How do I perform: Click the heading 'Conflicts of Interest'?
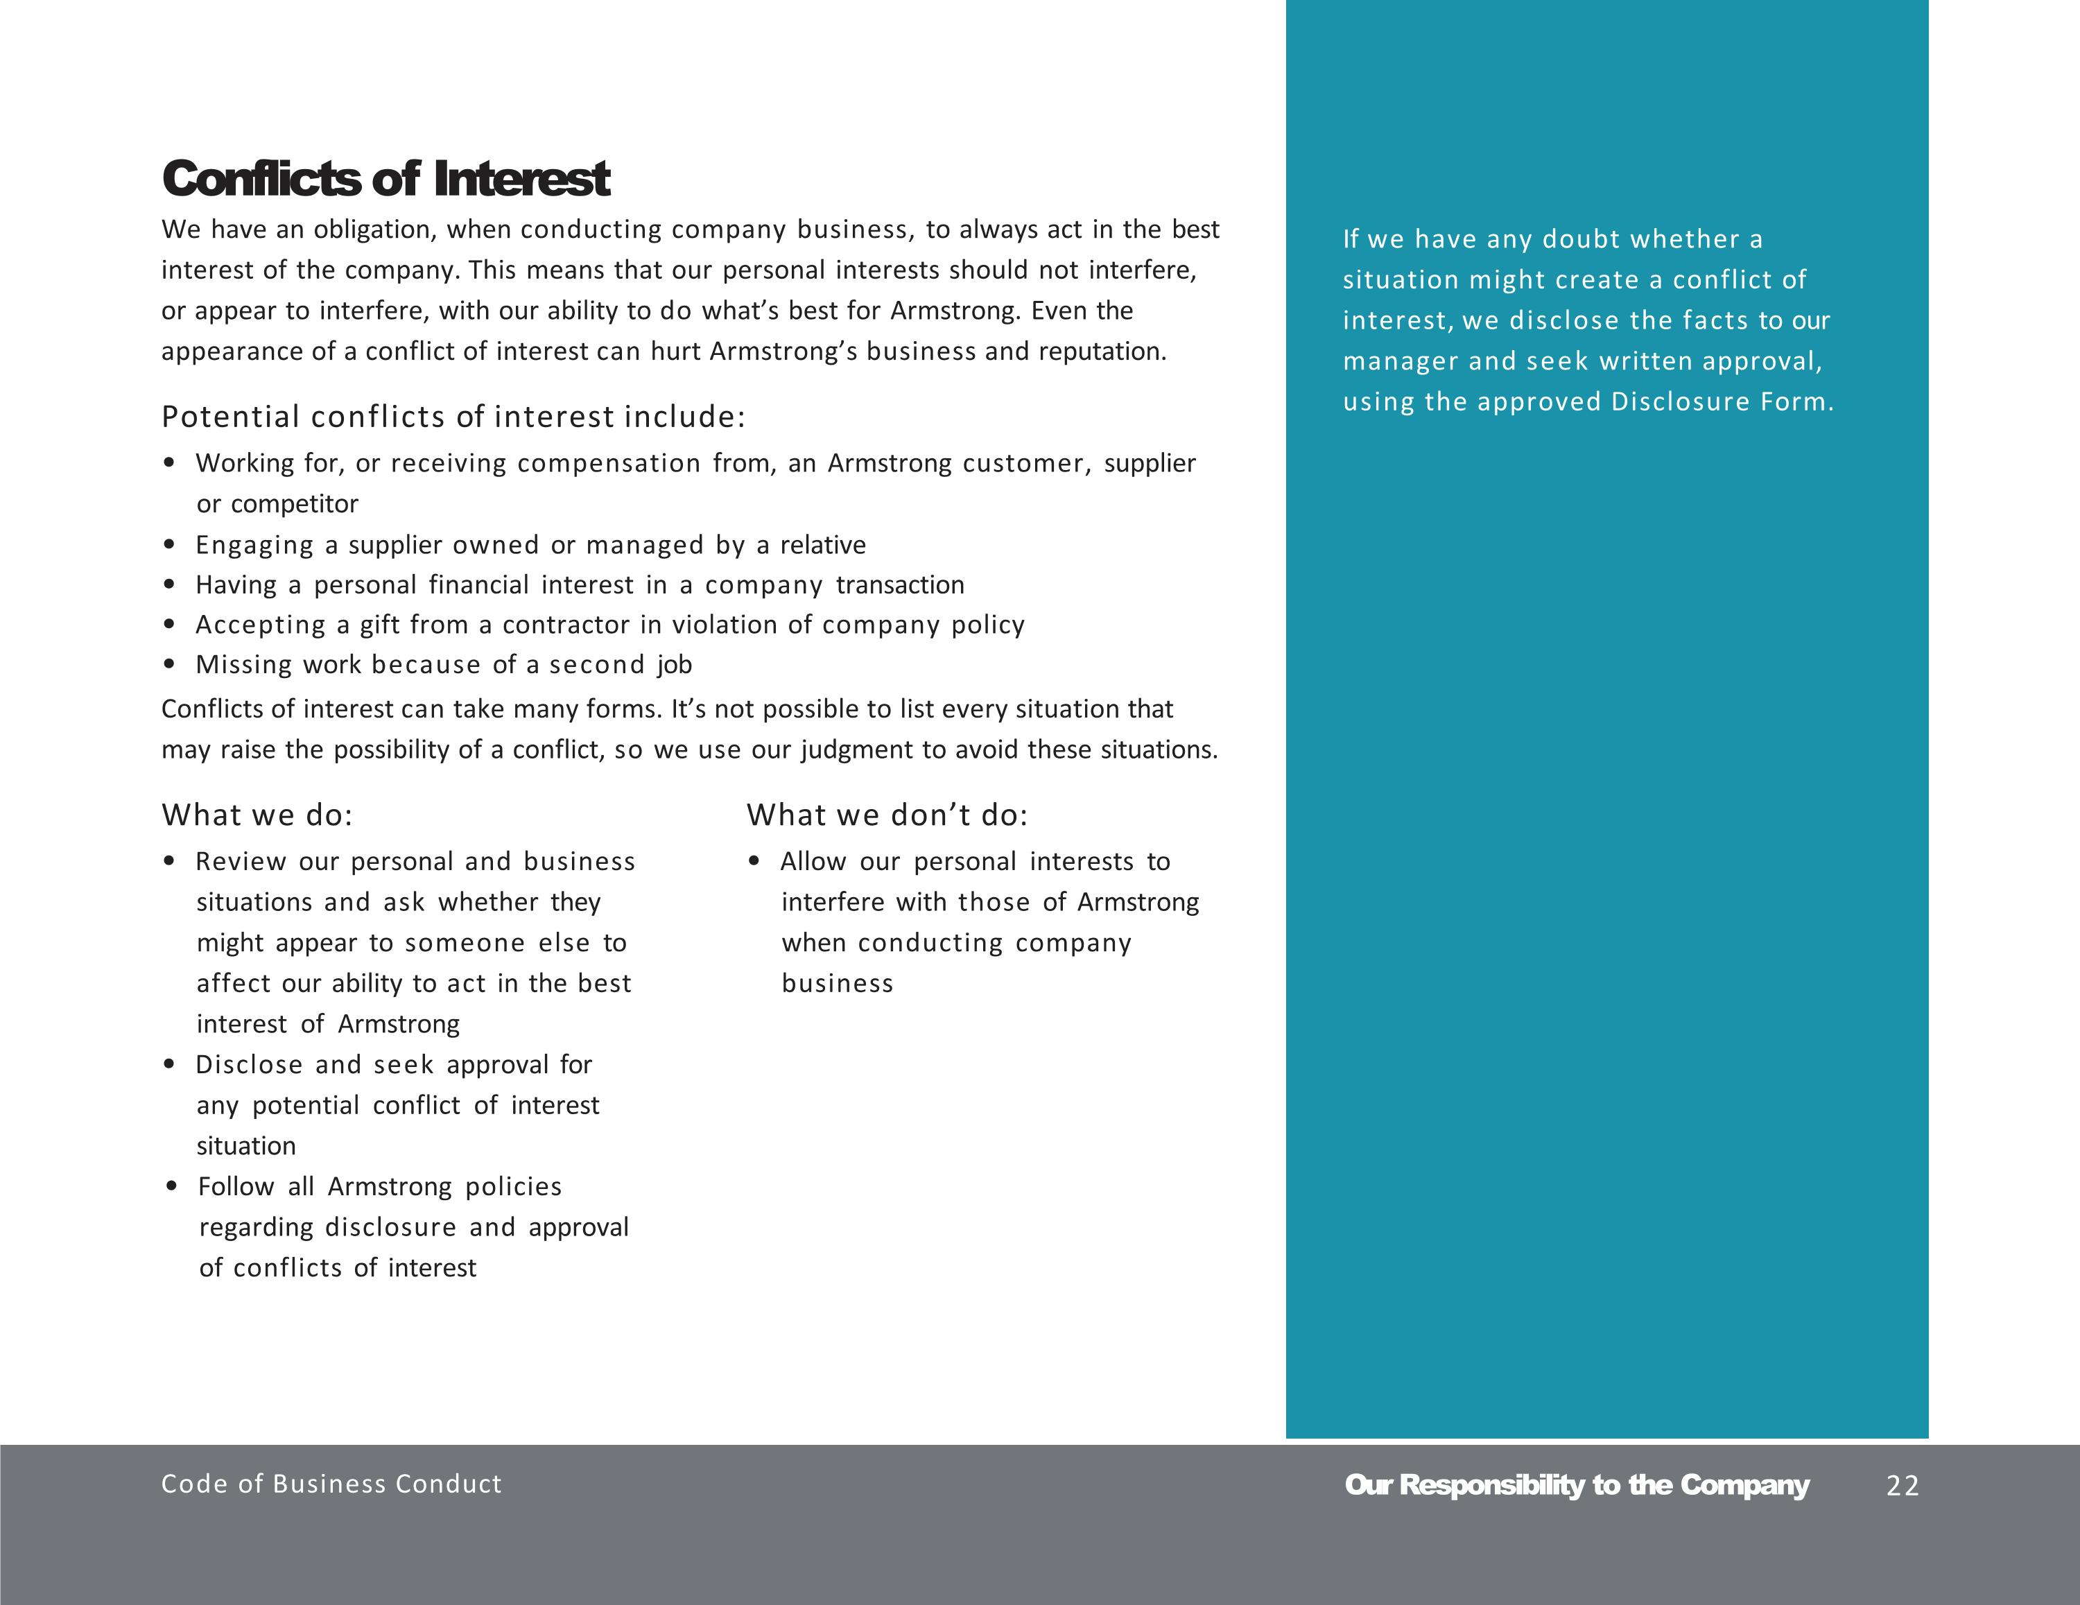385,179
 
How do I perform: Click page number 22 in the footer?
1902,1486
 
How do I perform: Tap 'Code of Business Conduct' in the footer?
331,1484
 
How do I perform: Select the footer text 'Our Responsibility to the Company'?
1576,1485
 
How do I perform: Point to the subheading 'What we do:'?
257,815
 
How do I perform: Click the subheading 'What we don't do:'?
887,815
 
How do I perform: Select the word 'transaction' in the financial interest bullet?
900,585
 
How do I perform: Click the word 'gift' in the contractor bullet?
380,625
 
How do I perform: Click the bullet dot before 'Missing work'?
170,665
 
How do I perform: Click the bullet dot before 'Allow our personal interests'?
754,862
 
